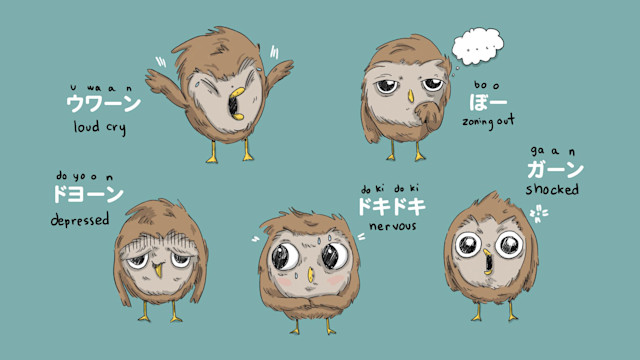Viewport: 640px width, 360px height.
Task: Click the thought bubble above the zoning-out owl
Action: [478, 46]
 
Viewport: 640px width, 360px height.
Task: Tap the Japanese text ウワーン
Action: [103, 103]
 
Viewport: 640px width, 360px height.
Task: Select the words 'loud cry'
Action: [100, 127]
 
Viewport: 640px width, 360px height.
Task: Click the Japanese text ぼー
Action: [488, 102]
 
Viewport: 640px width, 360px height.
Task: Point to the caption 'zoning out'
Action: [488, 121]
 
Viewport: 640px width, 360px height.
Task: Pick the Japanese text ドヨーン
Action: [88, 194]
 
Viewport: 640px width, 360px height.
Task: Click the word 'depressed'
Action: [80, 220]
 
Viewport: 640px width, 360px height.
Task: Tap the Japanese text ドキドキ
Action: [392, 207]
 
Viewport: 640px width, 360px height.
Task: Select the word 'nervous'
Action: [393, 226]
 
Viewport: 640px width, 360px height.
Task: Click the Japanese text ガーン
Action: [555, 169]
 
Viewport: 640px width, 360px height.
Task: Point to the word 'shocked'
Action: [552, 189]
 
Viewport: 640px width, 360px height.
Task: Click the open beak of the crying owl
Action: [236, 104]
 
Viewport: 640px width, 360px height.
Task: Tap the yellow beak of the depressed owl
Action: [157, 269]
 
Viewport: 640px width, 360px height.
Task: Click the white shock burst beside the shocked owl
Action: [539, 213]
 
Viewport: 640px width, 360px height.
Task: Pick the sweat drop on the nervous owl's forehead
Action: [319, 241]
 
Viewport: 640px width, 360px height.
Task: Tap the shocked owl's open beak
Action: [487, 262]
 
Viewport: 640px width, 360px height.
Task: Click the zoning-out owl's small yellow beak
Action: [411, 96]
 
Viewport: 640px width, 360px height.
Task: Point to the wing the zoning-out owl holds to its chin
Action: [429, 116]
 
